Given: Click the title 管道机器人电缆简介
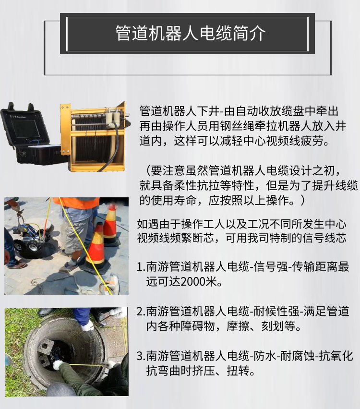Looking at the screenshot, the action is (190, 34).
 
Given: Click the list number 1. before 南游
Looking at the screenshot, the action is (141, 267).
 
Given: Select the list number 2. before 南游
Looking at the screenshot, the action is (141, 312).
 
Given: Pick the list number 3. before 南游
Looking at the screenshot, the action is (141, 356).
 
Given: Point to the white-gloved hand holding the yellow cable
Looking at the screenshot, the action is (58, 365).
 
